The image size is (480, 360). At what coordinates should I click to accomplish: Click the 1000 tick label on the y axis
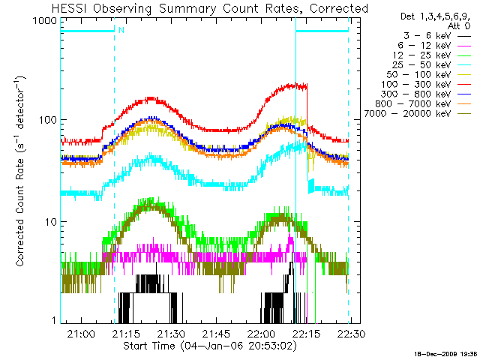point(45,22)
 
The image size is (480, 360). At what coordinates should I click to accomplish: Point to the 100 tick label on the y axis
point(49,120)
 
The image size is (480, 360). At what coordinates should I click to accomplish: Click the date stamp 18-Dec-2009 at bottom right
point(445,353)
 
